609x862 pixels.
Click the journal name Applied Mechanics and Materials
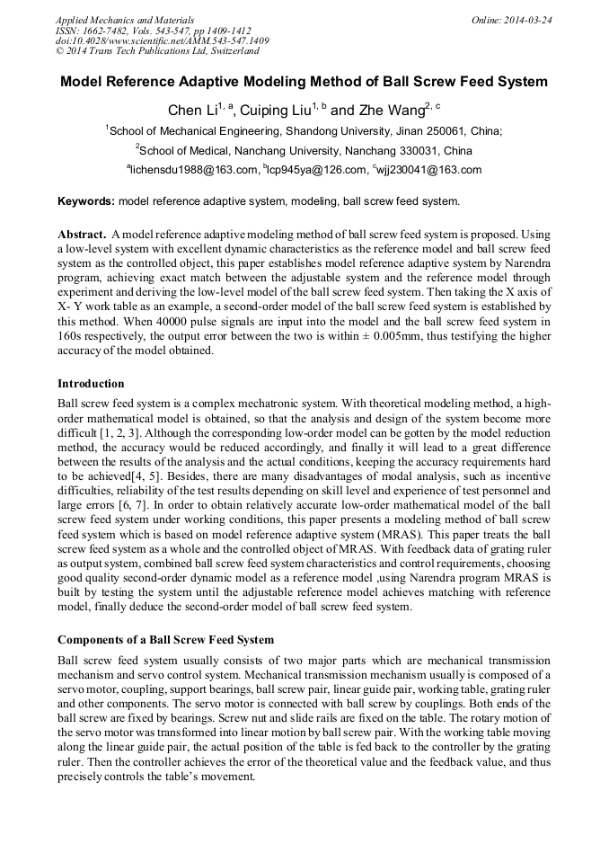click(x=124, y=19)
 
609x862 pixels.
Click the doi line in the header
click(x=162, y=40)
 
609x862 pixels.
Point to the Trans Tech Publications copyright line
click(x=157, y=51)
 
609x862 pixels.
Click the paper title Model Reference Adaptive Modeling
click(x=304, y=82)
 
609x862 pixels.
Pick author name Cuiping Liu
click(x=270, y=110)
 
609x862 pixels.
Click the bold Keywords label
click(x=85, y=201)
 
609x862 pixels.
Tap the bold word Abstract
click(x=83, y=233)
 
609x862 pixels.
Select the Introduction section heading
click(x=91, y=384)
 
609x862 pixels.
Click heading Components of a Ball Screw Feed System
click(x=166, y=640)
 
